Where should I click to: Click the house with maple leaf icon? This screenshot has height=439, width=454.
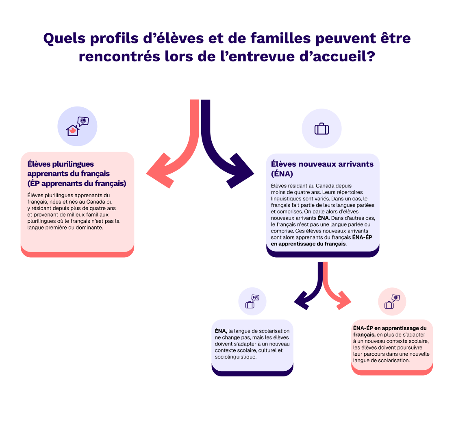pyautogui.click(x=73, y=130)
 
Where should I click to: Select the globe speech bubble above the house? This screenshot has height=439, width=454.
pyautogui.click(x=83, y=121)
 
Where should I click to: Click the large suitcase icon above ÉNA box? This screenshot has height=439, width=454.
pyautogui.click(x=321, y=129)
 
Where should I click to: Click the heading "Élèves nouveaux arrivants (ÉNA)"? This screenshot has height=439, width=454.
pyautogui.click(x=322, y=169)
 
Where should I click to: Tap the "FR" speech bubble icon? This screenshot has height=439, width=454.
pyautogui.click(x=255, y=298)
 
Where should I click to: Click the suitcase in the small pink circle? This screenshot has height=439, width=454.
pyautogui.click(x=389, y=305)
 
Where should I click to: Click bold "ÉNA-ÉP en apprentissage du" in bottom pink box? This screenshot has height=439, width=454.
pyautogui.click(x=390, y=328)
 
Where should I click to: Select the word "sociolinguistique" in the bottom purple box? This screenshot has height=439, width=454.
pyautogui.click(x=235, y=356)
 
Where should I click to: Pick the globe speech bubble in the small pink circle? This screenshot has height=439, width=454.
pyautogui.click(x=395, y=298)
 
